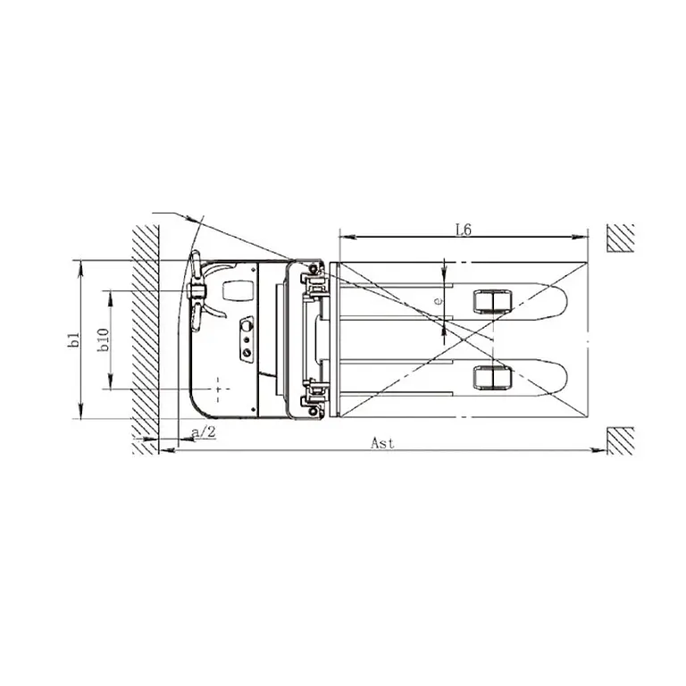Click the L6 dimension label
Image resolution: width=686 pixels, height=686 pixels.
(463, 229)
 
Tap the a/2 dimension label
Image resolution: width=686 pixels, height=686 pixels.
(205, 432)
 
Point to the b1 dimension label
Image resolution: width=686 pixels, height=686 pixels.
(76, 339)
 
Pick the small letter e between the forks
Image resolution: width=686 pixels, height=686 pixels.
(437, 302)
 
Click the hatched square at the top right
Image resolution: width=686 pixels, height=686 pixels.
(620, 238)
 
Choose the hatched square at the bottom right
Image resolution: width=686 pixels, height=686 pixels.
(620, 440)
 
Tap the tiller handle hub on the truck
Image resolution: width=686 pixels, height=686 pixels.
(197, 291)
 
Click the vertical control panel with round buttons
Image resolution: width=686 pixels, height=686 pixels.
(246, 339)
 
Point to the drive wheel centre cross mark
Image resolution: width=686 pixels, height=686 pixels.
(219, 388)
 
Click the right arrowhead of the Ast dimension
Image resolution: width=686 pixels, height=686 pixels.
(599, 450)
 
